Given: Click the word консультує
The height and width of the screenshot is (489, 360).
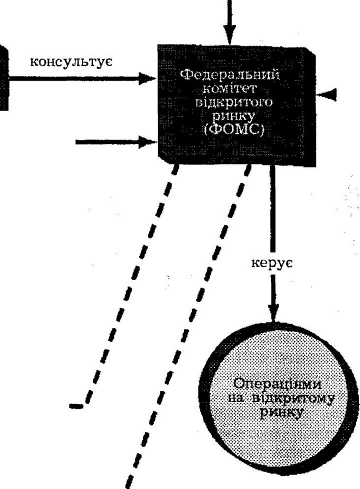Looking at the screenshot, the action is click(71, 61).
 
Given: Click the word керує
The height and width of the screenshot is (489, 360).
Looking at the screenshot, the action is click(271, 263).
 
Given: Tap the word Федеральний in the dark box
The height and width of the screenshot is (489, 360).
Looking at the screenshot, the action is click(230, 75).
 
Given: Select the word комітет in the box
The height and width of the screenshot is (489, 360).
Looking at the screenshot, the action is click(230, 88).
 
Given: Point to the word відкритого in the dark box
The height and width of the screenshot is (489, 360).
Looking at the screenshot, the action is click(233, 102).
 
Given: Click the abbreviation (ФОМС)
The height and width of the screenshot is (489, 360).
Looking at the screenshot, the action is click(233, 129).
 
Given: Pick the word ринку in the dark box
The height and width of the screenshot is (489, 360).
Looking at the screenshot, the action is click(233, 116).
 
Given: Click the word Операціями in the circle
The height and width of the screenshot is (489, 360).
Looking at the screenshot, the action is click(277, 383).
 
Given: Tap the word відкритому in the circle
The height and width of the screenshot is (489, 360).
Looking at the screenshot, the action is click(292, 398).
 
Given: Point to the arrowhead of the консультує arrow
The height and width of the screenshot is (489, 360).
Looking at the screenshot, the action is click(147, 78).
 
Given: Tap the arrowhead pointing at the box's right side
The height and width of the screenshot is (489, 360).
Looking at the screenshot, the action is click(326, 94).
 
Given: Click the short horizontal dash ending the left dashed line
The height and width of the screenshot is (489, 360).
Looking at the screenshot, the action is click(76, 406).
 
